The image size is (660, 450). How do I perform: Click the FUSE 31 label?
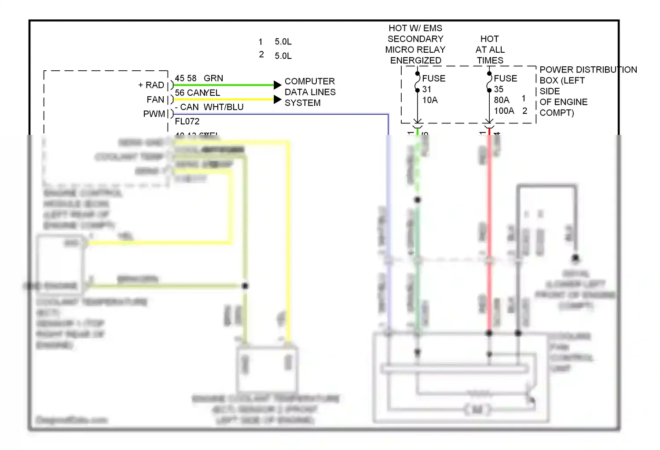coord(433,83)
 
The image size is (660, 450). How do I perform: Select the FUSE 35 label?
coord(505,83)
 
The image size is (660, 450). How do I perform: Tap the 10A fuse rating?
coord(430,100)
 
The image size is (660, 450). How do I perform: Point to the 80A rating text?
coord(502,100)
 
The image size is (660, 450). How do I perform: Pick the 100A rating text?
coord(504,111)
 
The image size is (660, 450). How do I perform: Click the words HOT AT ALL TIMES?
coord(490,50)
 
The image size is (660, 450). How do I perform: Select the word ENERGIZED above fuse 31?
coord(415,61)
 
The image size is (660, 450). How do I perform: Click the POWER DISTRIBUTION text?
coord(588,70)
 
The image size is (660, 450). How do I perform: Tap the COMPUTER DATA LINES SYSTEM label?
coord(310,92)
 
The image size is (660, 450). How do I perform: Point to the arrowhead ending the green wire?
coord(277,85)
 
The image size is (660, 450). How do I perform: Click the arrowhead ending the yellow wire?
coord(277,99)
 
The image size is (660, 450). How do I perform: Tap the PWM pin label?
coord(154,114)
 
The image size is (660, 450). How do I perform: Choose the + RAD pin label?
coord(151,85)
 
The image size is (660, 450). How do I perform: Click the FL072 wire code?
coord(187,121)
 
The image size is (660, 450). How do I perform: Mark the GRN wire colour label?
coord(213,78)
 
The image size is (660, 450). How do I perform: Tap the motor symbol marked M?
coord(477,410)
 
